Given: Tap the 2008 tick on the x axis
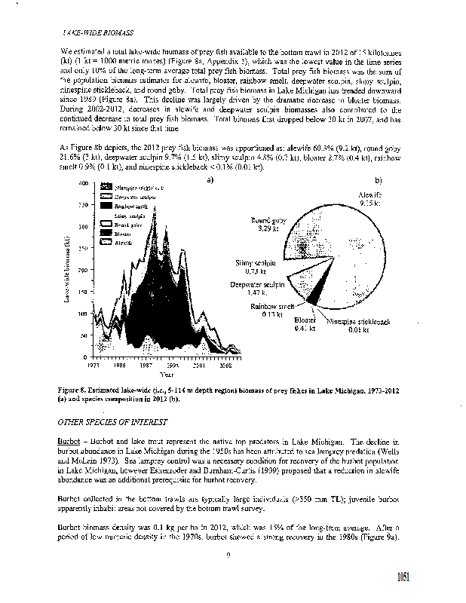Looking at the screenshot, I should click(224, 364).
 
